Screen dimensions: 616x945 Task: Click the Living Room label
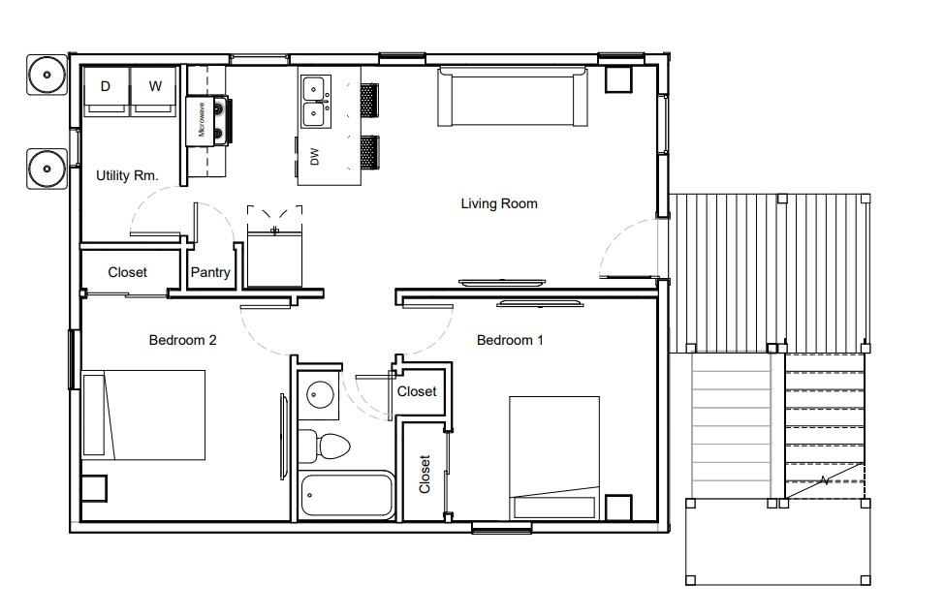coord(498,203)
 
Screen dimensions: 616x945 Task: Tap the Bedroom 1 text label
coord(510,340)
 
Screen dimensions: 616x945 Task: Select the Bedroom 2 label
coord(182,340)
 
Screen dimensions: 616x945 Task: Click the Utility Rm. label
coord(126,176)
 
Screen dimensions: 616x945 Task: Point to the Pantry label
coord(210,273)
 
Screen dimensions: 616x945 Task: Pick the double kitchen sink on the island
coord(313,102)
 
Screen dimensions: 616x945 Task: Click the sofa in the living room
coord(513,96)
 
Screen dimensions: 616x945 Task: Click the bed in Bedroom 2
coord(145,415)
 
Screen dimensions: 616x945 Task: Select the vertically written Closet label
coord(425,475)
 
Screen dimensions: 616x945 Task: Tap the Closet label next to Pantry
coord(127,273)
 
